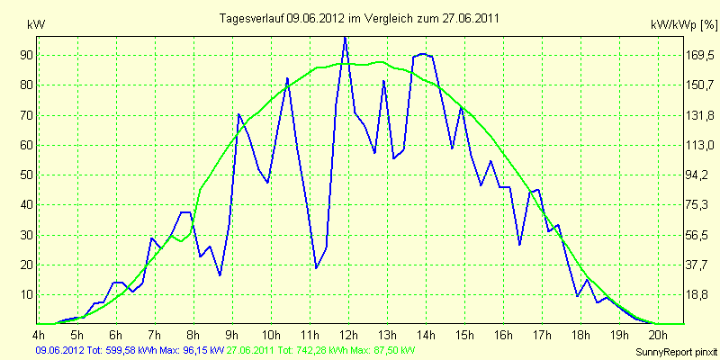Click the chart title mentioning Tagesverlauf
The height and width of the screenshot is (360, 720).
click(359, 18)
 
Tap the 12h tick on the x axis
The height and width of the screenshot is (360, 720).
click(348, 333)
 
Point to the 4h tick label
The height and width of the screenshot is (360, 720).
click(39, 333)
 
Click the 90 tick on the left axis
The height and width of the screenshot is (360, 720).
click(29, 55)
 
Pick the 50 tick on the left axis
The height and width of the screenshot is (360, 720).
click(29, 175)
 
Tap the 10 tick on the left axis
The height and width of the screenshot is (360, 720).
click(29, 294)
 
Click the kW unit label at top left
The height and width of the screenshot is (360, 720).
click(36, 25)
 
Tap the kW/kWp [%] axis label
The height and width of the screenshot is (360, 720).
click(683, 25)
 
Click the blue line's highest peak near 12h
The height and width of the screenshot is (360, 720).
click(345, 37)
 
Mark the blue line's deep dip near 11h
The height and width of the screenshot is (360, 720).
click(316, 267)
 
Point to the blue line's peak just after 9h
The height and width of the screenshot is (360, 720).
click(238, 114)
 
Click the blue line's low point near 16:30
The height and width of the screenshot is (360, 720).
click(519, 245)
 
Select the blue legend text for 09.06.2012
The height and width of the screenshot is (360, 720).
click(130, 351)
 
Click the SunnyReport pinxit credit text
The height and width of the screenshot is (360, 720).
click(677, 352)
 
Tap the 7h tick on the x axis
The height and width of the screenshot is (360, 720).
click(155, 333)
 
